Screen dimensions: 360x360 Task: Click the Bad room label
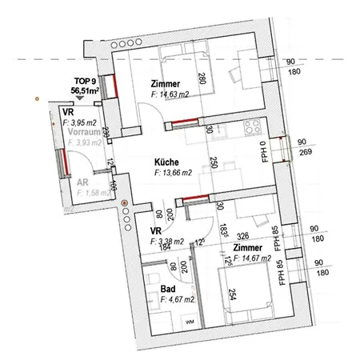coord(168,288)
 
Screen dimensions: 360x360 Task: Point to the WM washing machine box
coord(190,322)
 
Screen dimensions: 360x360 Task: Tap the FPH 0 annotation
coord(264,151)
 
